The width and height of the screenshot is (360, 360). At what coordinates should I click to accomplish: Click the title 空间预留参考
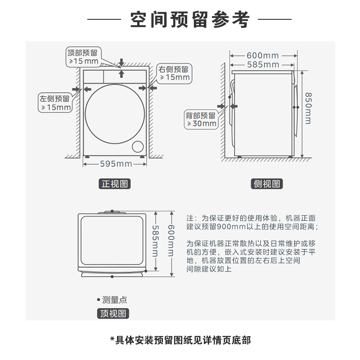pyautogui.click(x=189, y=19)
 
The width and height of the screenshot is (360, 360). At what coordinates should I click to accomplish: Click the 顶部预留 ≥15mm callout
pyautogui.click(x=84, y=56)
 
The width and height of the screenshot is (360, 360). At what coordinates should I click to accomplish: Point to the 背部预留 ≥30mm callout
pyautogui.click(x=201, y=119)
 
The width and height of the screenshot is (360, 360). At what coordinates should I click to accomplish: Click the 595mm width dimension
pyautogui.click(x=115, y=164)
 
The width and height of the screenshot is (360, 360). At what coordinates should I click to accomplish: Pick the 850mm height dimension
pyautogui.click(x=307, y=108)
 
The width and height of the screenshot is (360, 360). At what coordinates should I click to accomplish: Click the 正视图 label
pyautogui.click(x=115, y=184)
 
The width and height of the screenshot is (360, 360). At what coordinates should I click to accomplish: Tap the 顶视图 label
pyautogui.click(x=113, y=314)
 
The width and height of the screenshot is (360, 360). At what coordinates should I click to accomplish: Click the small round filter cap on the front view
pyautogui.click(x=137, y=147)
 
